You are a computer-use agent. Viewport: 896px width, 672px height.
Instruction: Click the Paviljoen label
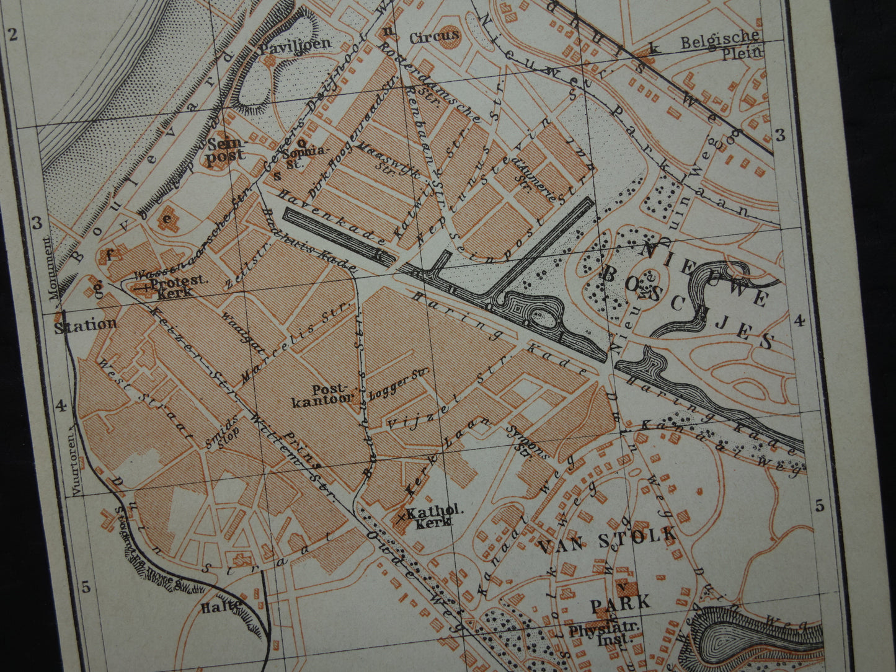(x=296, y=44)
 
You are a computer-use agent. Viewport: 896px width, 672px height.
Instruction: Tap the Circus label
(x=434, y=37)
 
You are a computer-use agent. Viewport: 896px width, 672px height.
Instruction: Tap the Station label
(x=85, y=324)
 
